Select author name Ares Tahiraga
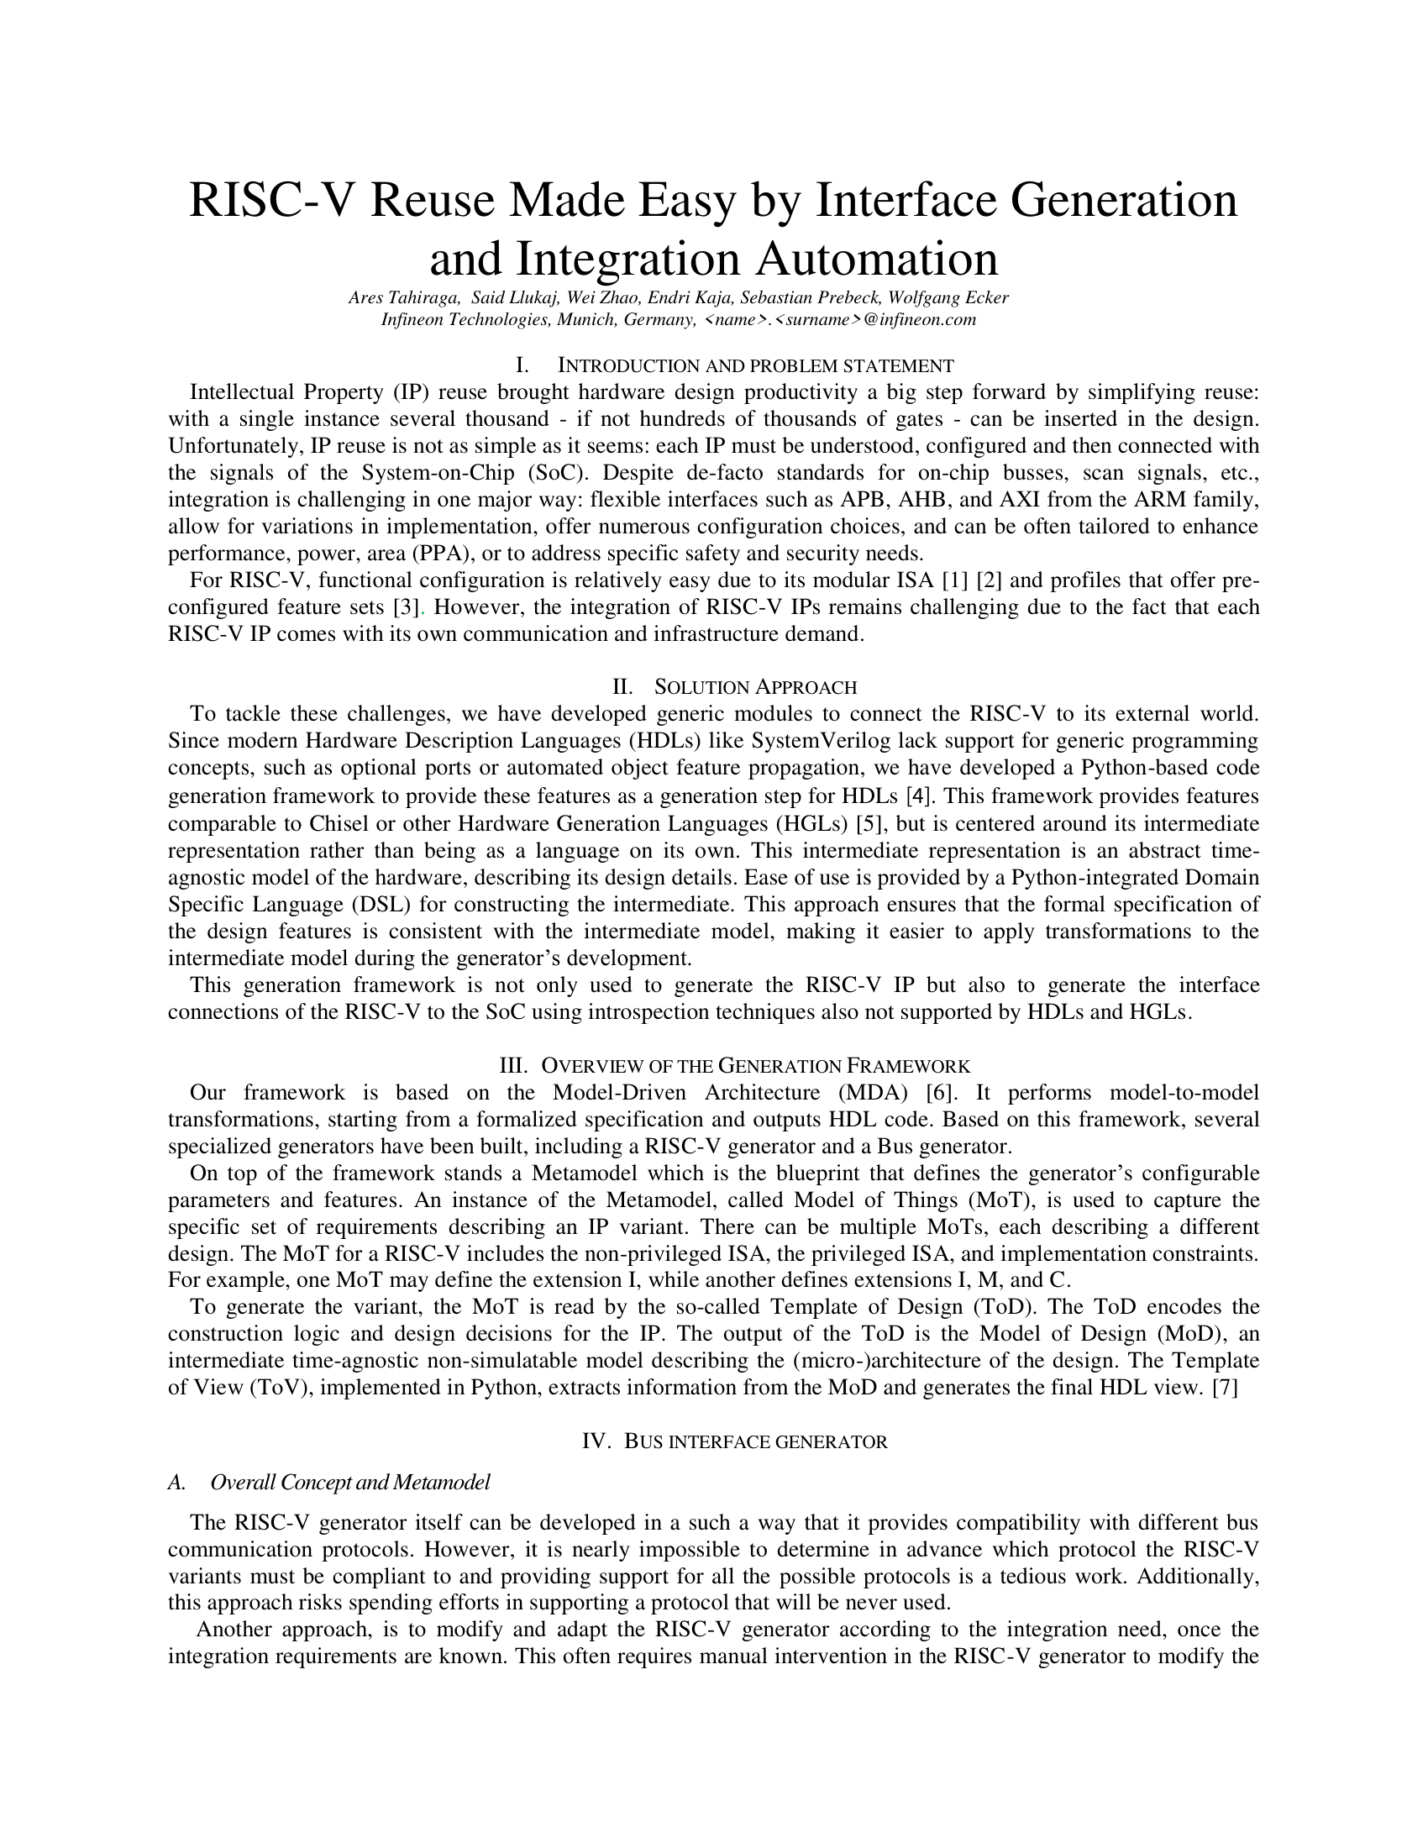click(404, 298)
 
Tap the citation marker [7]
click(1225, 1389)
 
